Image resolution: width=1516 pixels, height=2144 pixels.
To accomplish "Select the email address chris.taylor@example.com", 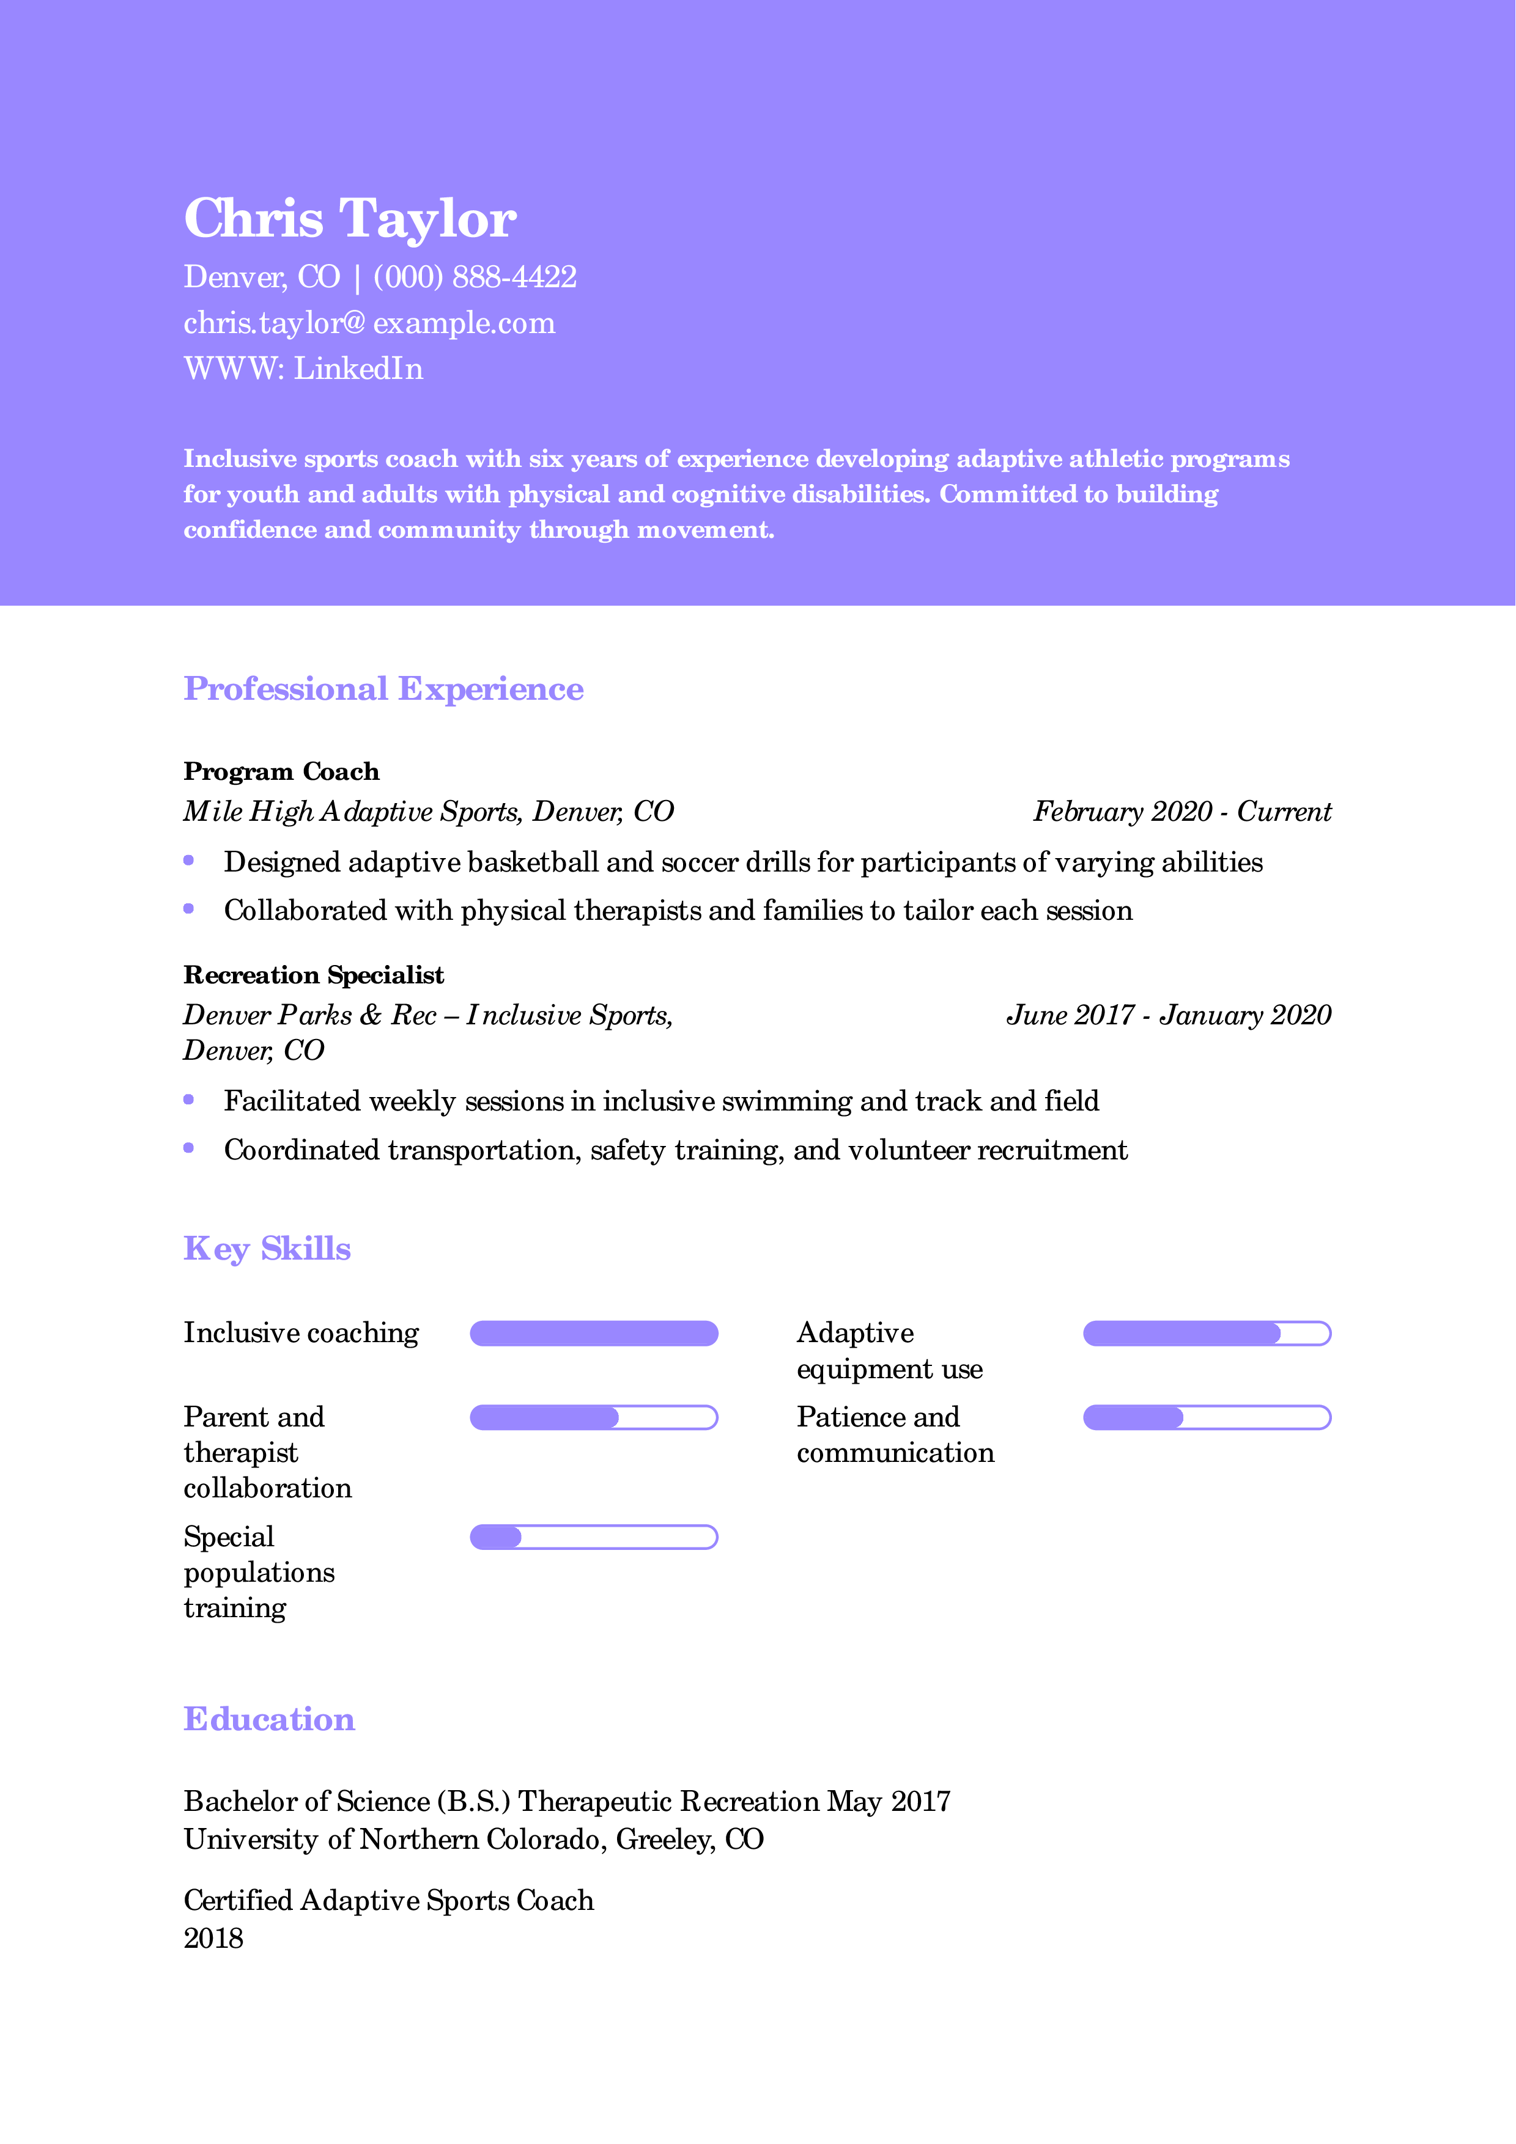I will (369, 323).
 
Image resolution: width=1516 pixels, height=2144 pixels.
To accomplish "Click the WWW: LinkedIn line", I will (303, 369).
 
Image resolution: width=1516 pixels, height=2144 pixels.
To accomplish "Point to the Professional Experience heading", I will (383, 689).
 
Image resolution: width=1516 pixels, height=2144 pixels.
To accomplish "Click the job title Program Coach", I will (281, 771).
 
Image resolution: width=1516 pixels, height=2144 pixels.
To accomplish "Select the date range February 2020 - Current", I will (1181, 812).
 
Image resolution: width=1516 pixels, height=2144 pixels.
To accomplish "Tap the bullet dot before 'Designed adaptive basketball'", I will (189, 860).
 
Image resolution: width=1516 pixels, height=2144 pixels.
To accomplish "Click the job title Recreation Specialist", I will (313, 975).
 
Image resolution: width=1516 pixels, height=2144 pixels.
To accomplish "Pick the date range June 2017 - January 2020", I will (1167, 1015).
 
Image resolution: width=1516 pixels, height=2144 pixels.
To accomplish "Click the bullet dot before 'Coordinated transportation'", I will (189, 1148).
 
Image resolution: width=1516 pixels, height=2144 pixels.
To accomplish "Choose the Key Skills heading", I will (267, 1249).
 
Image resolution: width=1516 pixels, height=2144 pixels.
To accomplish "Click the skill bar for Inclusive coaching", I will (593, 1334).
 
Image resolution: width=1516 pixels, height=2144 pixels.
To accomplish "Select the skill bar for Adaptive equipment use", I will (1206, 1334).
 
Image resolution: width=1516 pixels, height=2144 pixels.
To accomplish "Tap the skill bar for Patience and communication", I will (1206, 1417).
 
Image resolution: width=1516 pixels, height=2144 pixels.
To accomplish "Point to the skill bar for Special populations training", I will (593, 1537).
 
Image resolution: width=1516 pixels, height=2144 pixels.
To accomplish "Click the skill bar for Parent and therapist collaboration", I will (593, 1417).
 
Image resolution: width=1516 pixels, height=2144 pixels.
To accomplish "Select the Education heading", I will (269, 1719).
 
